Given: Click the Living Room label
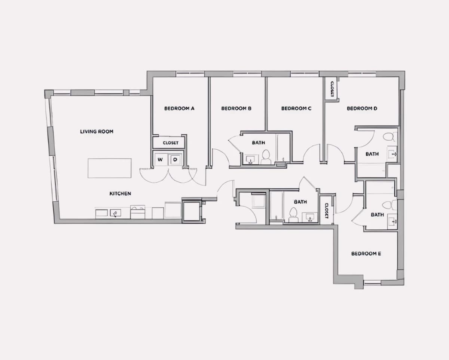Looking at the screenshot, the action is tap(97, 131).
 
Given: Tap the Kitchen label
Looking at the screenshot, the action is tap(120, 193).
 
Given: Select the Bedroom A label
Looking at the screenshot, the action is tap(179, 108).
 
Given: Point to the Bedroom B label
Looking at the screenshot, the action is tap(236, 108).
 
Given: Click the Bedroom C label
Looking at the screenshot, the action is tap(296, 108).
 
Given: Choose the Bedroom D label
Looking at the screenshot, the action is tap(362, 108).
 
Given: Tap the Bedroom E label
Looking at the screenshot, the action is tap(366, 254).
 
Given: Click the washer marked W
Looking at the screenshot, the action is tap(160, 160).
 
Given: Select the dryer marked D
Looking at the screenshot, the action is tap(175, 160).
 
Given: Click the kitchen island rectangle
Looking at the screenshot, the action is tap(110, 168).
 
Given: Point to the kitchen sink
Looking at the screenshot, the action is tap(115, 213).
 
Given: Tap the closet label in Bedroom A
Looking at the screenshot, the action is tap(171, 143).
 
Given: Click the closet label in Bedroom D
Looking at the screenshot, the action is tap(332, 89).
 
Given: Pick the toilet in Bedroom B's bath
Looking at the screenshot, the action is tap(266, 157).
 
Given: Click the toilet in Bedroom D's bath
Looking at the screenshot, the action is tap(389, 137).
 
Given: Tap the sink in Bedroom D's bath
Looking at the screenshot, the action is tap(392, 154).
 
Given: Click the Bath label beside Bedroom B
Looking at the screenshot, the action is tap(259, 143).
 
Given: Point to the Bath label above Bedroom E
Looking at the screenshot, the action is tap(377, 214).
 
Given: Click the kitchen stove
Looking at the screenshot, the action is tap(138, 212).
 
